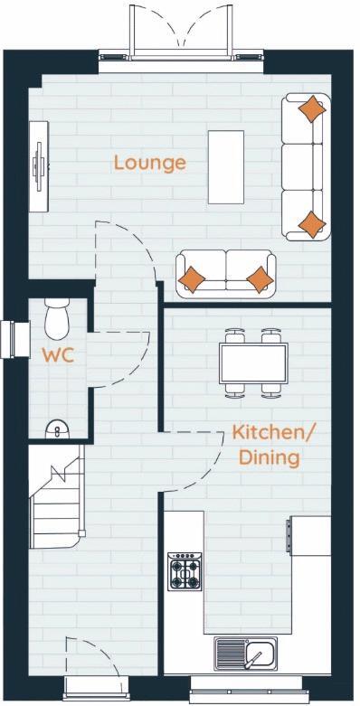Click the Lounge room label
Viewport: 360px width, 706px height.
point(149,163)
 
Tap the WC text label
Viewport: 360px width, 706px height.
point(57,353)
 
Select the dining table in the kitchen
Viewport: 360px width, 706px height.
point(253,362)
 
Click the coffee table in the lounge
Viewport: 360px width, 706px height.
point(226,167)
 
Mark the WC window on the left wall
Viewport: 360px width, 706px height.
point(11,339)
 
